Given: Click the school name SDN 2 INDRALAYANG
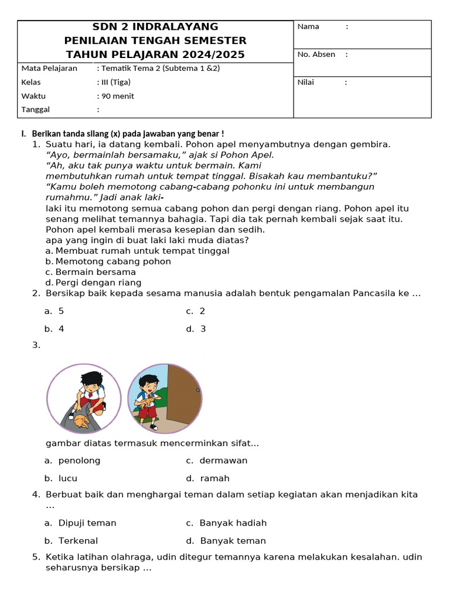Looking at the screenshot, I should pos(155,27).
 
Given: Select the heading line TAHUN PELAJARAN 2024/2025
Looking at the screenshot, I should pos(155,54).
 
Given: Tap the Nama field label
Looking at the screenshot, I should pos(308,26).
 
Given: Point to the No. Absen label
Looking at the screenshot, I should pos(316,54).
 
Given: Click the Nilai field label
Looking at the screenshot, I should pos(306,82).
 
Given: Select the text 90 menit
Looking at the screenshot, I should pos(117,96).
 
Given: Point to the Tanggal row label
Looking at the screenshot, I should pos(36,110).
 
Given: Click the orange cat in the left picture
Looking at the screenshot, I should pos(80,418).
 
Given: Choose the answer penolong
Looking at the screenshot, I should pos(79,461).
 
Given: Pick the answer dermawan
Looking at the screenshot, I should pos(223,461).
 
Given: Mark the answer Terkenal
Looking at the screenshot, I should pos(78,541).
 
